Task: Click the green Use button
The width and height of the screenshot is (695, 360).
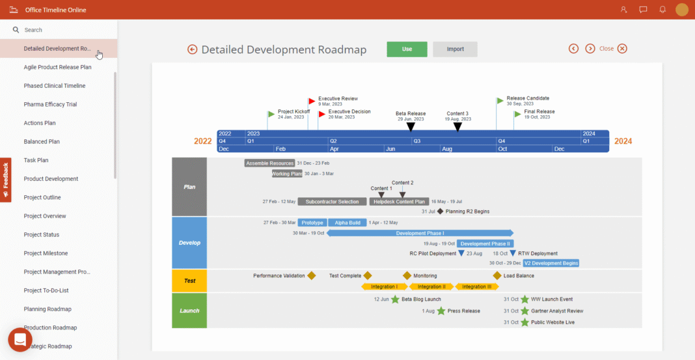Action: (407, 49)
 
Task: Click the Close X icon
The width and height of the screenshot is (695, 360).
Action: (622, 49)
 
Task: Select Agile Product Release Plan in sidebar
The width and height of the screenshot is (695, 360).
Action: (57, 67)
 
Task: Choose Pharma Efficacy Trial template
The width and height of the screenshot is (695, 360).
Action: (50, 104)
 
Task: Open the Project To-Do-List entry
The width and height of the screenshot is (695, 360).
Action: (46, 290)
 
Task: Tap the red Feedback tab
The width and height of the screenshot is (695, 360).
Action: (5, 180)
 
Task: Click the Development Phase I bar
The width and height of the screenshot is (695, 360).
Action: (420, 233)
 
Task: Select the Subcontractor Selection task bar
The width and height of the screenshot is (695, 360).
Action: (332, 202)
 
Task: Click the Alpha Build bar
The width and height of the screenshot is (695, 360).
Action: (347, 223)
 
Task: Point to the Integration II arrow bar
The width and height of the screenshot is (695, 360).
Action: (431, 286)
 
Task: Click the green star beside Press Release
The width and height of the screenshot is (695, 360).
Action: (441, 311)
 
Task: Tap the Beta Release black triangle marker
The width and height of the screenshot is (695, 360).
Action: (410, 127)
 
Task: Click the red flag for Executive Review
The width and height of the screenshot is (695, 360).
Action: (312, 102)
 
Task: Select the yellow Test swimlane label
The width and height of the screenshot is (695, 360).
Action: (189, 281)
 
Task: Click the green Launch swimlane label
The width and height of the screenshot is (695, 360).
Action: (189, 311)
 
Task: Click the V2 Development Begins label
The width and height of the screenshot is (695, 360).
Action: (551, 263)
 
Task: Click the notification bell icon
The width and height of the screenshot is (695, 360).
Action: (662, 10)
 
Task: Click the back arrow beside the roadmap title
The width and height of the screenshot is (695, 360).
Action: (193, 49)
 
